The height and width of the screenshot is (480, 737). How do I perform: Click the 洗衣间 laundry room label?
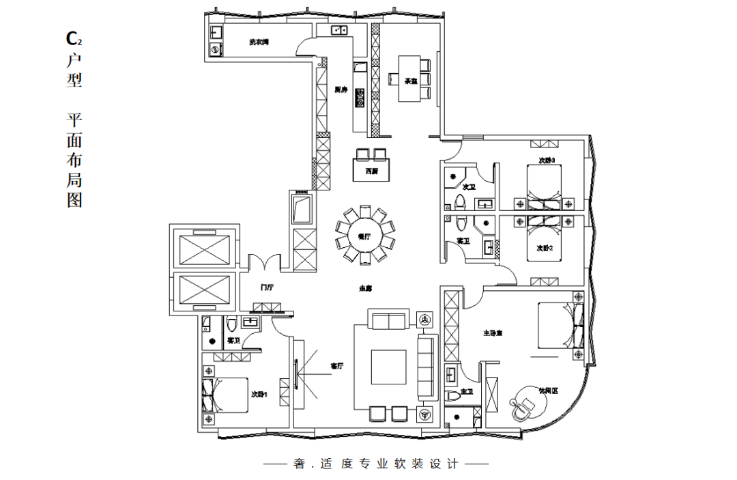(x=259, y=42)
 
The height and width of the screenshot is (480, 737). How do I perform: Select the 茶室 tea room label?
(x=411, y=81)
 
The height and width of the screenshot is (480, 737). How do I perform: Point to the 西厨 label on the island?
(x=371, y=170)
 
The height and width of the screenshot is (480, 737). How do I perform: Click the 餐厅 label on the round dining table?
(x=364, y=236)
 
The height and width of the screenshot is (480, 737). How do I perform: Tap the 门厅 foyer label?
(x=266, y=288)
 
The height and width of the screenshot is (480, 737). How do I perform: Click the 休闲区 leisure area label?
(x=549, y=391)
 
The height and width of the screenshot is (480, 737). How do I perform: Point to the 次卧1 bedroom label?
(x=259, y=394)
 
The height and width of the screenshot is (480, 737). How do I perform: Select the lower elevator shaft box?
(x=203, y=290)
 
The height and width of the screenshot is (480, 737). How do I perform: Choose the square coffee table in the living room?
(x=388, y=367)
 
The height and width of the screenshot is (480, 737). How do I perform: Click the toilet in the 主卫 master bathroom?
(x=451, y=395)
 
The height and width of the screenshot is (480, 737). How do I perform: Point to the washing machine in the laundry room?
(x=215, y=49)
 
